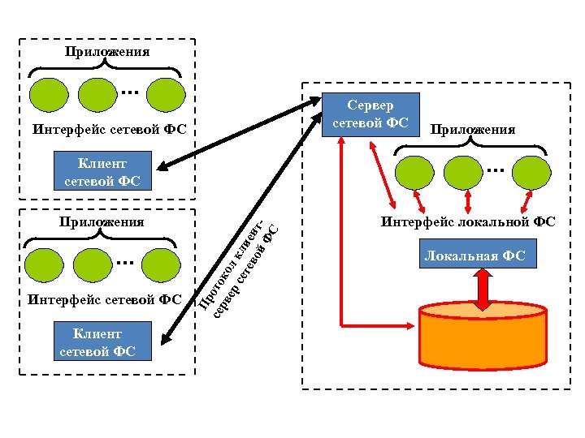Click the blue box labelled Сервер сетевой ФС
pyautogui.click(x=370, y=114)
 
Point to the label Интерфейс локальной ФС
pyautogui.click(x=468, y=221)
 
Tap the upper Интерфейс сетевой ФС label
pyautogui.click(x=110, y=128)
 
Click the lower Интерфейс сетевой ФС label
pyautogui.click(x=105, y=299)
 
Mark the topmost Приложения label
pyautogui.click(x=107, y=52)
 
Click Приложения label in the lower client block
pyautogui.click(x=102, y=221)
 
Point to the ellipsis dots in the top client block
pyautogui.click(x=128, y=92)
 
